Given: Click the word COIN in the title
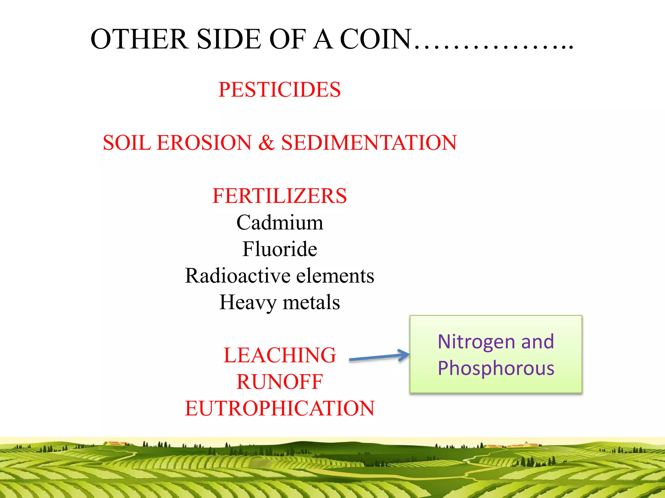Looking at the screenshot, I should (x=376, y=39).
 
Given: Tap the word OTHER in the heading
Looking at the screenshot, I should (x=139, y=39).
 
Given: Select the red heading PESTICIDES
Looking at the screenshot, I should (x=280, y=89).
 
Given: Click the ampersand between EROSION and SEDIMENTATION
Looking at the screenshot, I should (x=266, y=143).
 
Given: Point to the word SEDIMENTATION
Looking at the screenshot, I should (x=369, y=143).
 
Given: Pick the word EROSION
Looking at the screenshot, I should (x=204, y=143).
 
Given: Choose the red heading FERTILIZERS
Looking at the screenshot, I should (x=280, y=196).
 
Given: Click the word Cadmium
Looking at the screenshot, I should (x=280, y=223).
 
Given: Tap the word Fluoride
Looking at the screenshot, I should (x=280, y=249).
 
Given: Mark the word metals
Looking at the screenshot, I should (x=311, y=302).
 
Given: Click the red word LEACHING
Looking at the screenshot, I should (x=280, y=355).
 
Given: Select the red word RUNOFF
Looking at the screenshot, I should (x=280, y=382).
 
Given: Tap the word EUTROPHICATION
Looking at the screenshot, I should (x=280, y=409).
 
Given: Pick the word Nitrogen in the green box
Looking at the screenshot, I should (x=477, y=342).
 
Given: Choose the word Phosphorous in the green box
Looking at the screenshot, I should (x=496, y=368).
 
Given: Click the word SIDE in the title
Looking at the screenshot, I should (x=229, y=39).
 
